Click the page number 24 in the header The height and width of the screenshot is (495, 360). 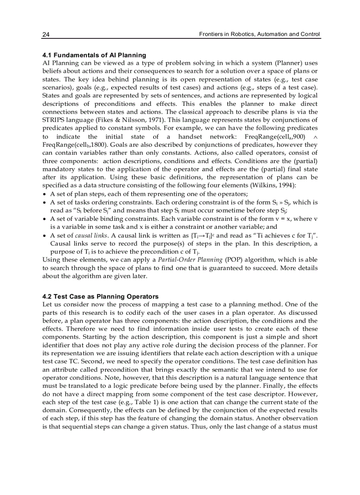pos(45,34)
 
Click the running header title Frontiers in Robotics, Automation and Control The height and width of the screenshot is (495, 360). pos(259,34)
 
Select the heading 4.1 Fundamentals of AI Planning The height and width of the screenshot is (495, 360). pos(94,55)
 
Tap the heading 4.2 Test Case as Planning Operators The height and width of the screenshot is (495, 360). pos(100,296)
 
